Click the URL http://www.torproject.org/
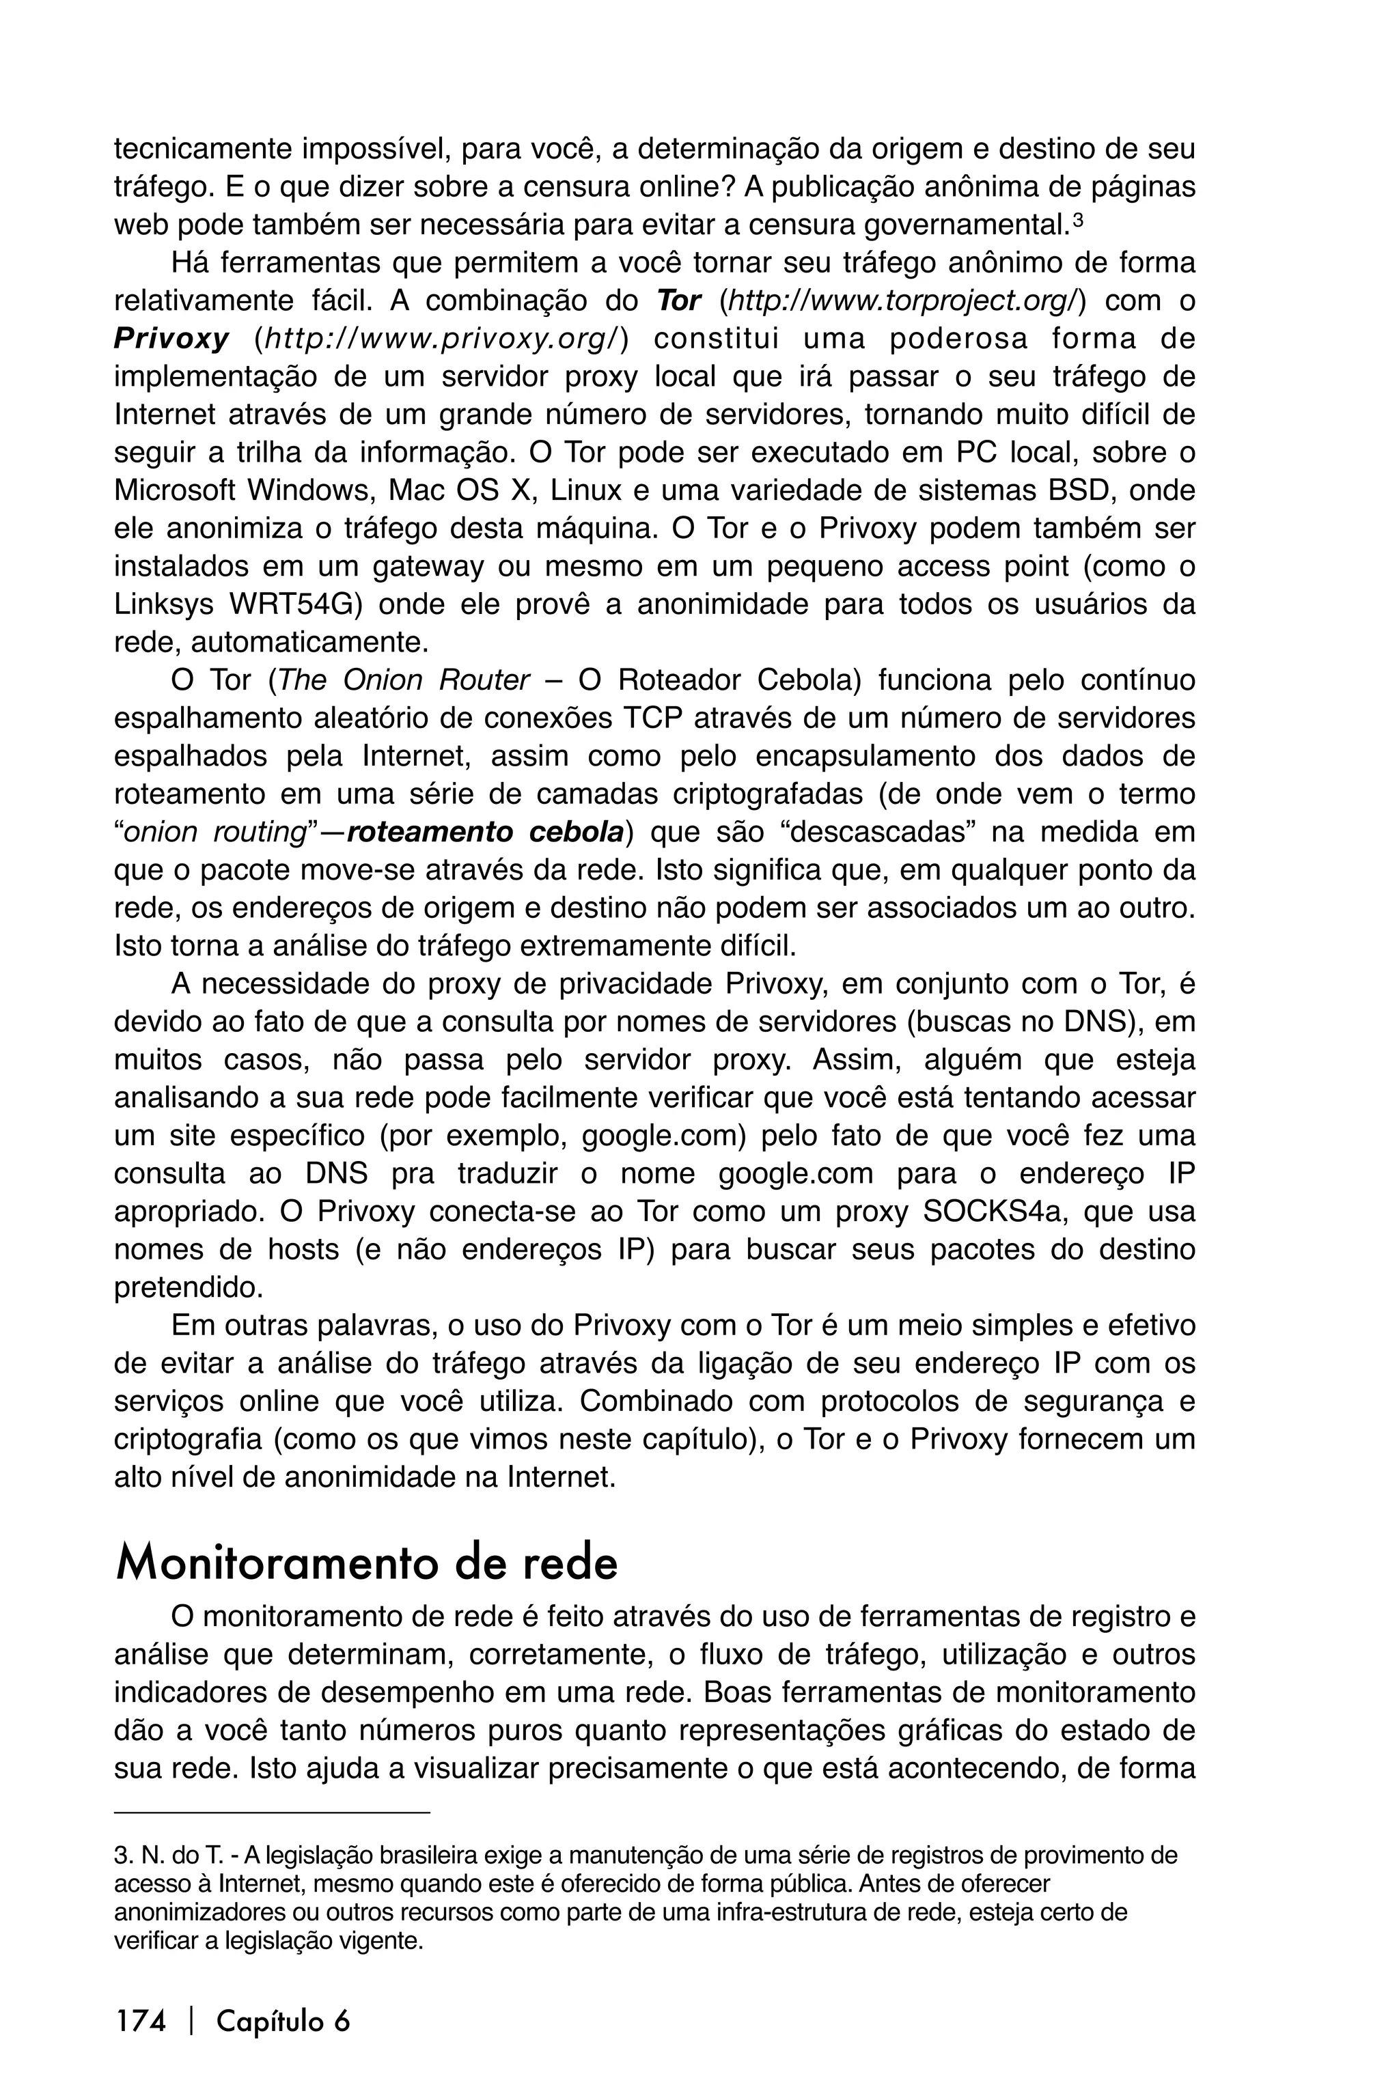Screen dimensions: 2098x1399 coord(901,301)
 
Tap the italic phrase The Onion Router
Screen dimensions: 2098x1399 coord(404,681)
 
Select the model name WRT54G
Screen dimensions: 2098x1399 coord(294,605)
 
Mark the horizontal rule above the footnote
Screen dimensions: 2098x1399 coord(272,1812)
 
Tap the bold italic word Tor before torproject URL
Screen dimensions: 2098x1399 coord(678,301)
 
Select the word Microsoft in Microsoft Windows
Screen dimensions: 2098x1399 coord(174,490)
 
